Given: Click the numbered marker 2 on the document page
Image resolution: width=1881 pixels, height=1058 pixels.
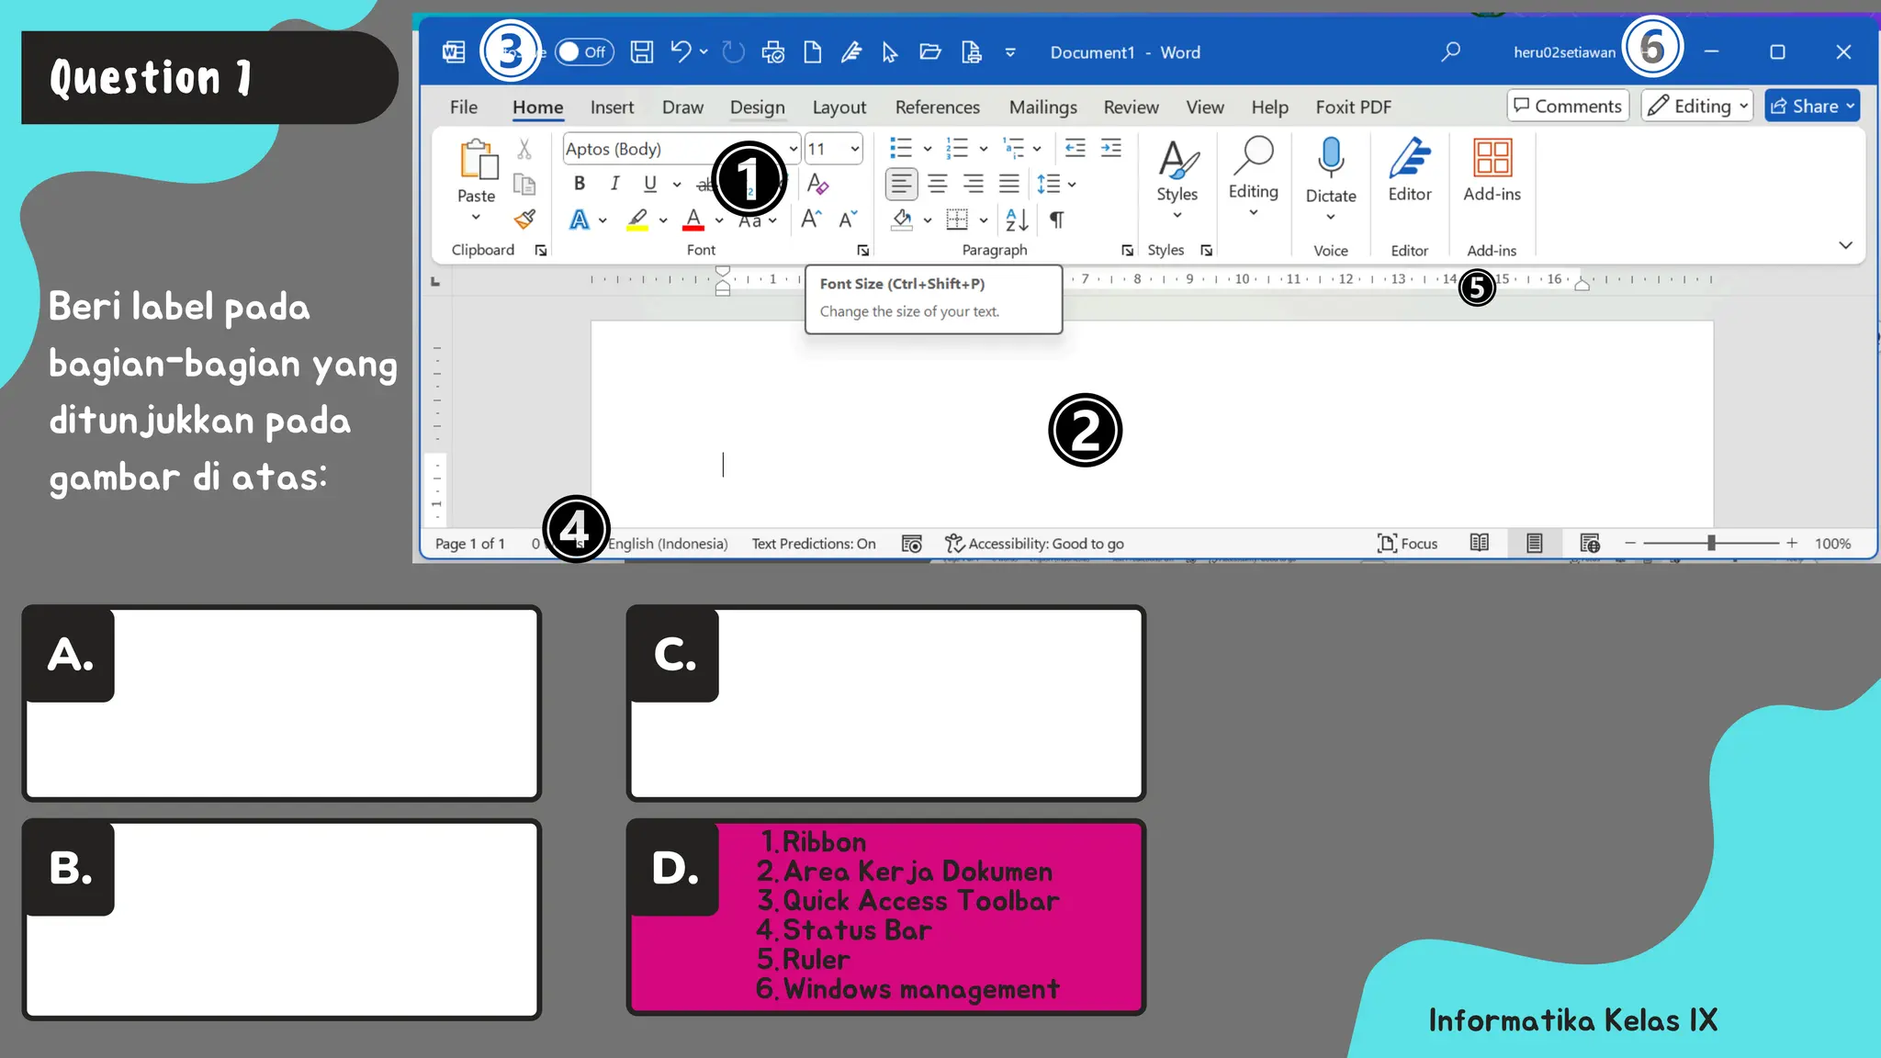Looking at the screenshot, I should click(x=1085, y=430).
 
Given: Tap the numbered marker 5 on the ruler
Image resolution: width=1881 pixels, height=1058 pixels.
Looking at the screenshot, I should click(x=1477, y=287).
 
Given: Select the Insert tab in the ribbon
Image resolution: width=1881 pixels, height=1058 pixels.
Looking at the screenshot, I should click(x=612, y=107).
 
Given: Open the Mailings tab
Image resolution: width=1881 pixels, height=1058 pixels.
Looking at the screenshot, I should click(x=1042, y=107).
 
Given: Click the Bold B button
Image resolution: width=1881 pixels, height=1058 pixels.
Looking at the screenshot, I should click(x=580, y=184).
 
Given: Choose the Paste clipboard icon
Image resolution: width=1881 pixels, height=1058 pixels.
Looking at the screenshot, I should click(x=478, y=161).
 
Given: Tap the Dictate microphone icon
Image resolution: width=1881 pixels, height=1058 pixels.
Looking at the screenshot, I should click(x=1330, y=158).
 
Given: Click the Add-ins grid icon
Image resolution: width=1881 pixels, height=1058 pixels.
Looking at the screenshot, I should click(x=1492, y=158).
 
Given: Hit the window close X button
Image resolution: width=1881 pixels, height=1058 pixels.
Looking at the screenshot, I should click(x=1842, y=52).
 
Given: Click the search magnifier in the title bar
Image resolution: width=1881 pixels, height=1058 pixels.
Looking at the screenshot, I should click(x=1450, y=52).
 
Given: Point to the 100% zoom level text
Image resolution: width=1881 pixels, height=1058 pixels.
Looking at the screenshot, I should click(x=1832, y=544).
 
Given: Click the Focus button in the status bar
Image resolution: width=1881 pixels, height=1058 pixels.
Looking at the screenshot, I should click(x=1407, y=544).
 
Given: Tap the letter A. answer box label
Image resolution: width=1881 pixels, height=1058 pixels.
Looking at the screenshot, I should click(x=71, y=656).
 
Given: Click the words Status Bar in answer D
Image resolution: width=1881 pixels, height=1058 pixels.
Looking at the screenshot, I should click(x=857, y=930).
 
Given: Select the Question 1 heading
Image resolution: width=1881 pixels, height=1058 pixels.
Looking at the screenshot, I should click(x=152, y=78).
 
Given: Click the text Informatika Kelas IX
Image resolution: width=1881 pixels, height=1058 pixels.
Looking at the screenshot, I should click(x=1572, y=1020).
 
